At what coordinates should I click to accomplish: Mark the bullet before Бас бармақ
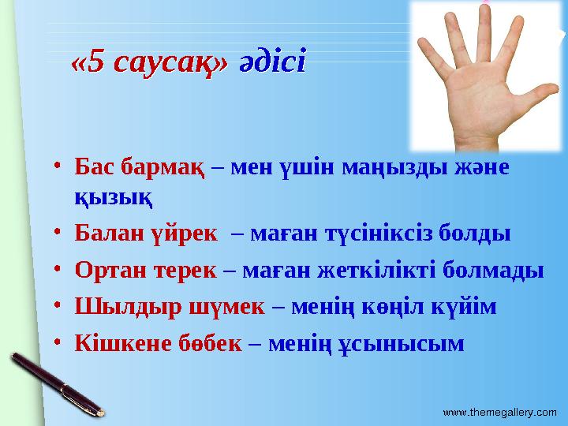coord(60,169)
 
